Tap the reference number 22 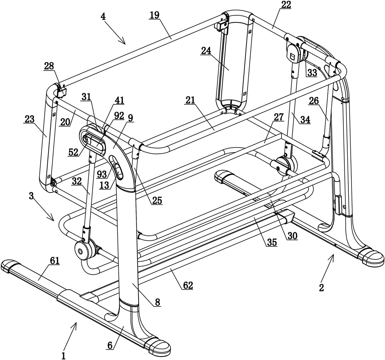286,5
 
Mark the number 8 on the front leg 157,302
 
